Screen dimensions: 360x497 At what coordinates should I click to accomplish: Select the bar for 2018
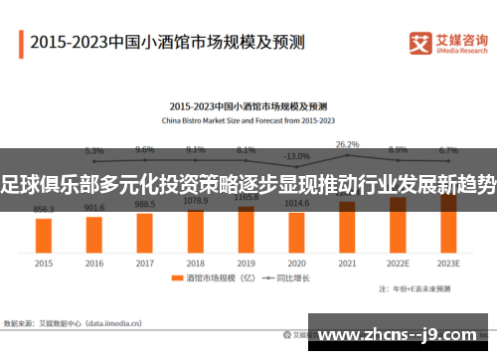195,229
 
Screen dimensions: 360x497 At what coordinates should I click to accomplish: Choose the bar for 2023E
448,222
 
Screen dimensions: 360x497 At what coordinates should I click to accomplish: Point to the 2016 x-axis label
94,264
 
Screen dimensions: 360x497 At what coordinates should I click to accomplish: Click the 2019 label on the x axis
246,264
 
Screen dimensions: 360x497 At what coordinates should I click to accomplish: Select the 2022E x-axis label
398,264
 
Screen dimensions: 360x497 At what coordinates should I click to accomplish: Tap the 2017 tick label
145,264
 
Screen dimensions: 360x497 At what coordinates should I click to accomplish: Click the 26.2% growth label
347,144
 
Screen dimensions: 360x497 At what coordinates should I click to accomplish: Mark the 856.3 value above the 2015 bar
44,210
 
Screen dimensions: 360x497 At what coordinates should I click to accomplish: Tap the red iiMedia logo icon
420,43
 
